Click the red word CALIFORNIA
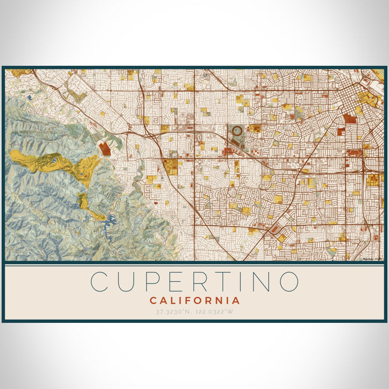click(x=194, y=301)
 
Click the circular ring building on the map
click(x=237, y=131)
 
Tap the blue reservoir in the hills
click(x=112, y=221)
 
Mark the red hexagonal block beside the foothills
click(x=104, y=148)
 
